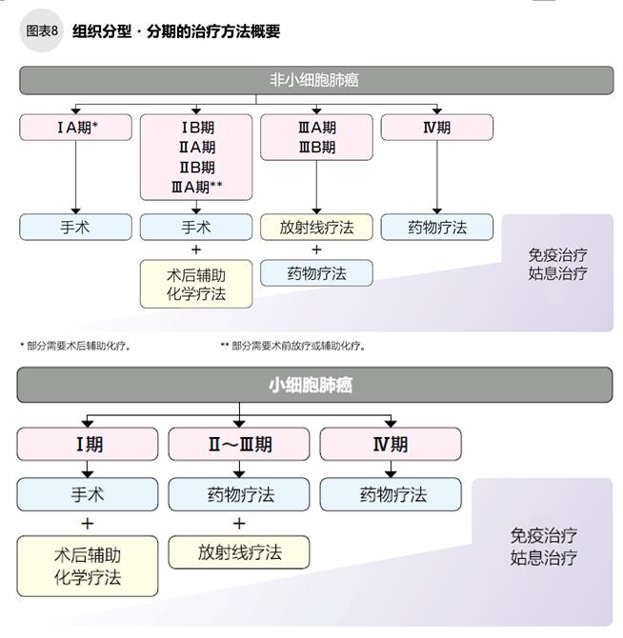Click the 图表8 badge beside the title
coord(40,31)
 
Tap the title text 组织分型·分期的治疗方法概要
coord(176,31)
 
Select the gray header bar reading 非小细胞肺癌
coord(315,80)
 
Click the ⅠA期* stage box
coord(75,128)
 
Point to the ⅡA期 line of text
coord(196,148)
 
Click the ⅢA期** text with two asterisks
coord(196,187)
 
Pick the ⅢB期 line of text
coord(316,148)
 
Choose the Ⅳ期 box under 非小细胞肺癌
coord(436,128)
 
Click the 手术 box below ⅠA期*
coord(75,228)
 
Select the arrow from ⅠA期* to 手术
coord(75,176)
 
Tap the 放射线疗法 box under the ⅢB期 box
coord(316,228)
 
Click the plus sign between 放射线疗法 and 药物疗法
coord(316,250)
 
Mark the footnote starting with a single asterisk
coord(75,346)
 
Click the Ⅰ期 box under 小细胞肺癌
coord(88,444)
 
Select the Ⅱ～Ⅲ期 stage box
coord(239,444)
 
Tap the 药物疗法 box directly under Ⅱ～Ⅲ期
coord(239,495)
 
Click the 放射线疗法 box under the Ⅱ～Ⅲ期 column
coord(239,552)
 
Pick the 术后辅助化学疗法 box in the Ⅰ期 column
coord(88,566)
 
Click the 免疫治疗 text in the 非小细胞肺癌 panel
coord(557,254)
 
